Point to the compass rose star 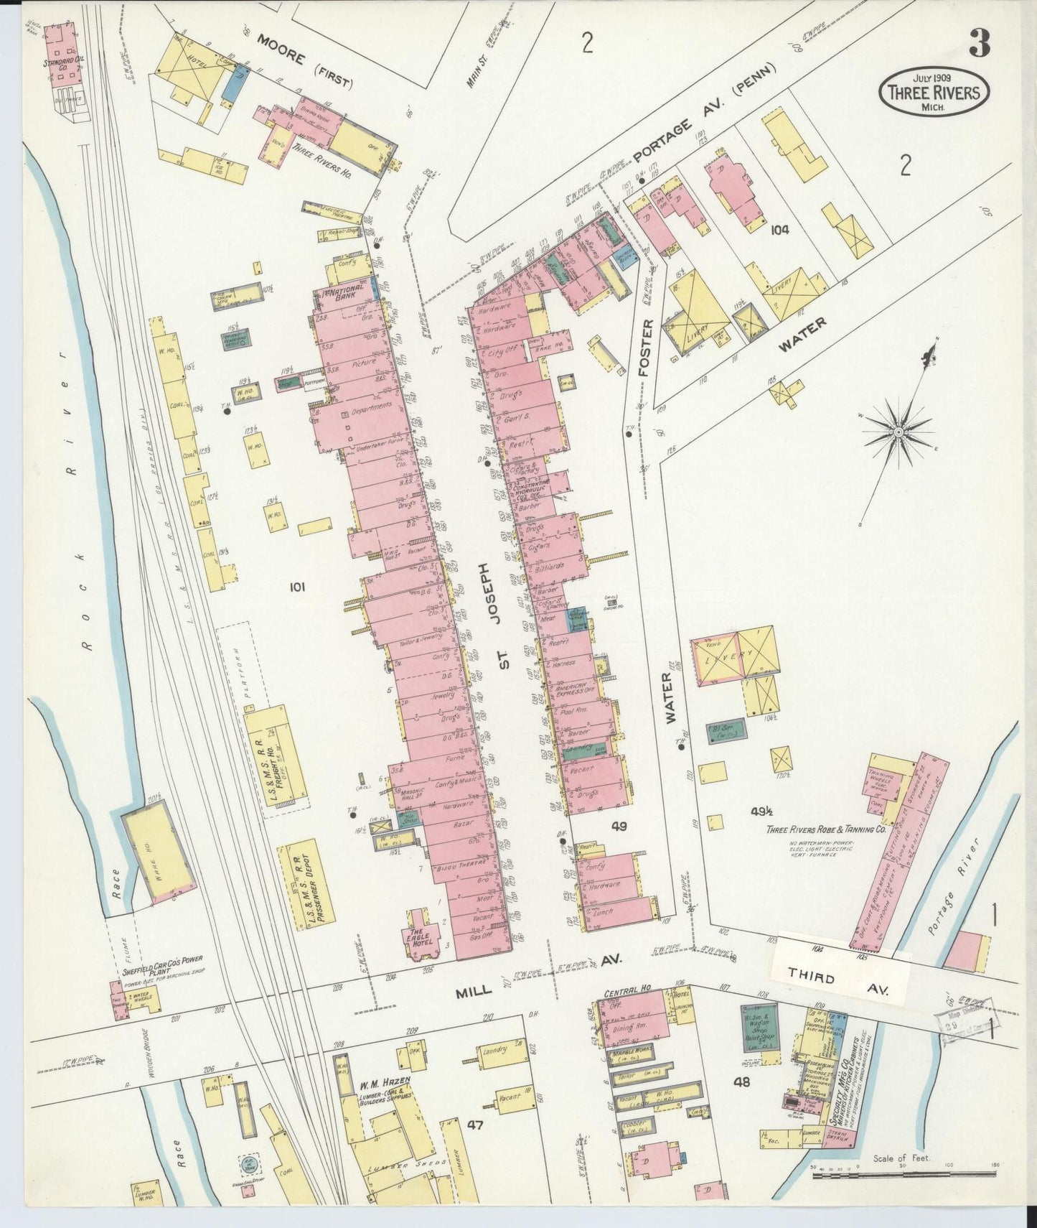(898, 432)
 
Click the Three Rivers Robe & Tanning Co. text (825, 829)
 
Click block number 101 (297, 587)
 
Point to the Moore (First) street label (305, 69)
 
